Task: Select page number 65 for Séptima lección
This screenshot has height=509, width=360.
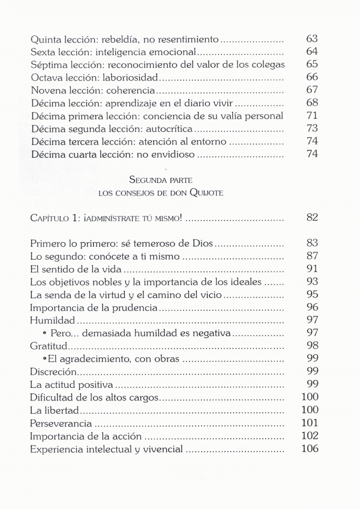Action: pos(311,65)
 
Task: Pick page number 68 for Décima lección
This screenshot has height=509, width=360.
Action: pos(311,103)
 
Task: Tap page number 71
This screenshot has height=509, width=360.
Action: pos(311,116)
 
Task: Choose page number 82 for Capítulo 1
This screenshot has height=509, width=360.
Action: pos(311,218)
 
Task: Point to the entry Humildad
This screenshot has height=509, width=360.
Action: pos(52,321)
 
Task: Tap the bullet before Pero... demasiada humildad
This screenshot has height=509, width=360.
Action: pos(46,334)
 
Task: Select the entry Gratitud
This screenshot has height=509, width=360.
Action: pos(49,347)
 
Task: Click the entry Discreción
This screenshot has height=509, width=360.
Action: pos(52,372)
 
